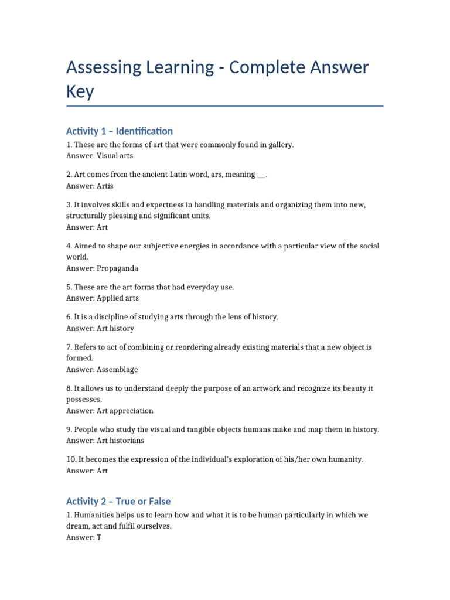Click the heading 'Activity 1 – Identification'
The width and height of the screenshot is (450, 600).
(x=120, y=131)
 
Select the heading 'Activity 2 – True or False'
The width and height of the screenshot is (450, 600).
(x=118, y=502)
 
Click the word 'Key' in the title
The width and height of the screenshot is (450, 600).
(x=80, y=93)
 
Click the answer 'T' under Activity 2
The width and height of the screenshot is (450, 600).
(x=99, y=537)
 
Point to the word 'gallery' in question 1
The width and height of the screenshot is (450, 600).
(x=278, y=145)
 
